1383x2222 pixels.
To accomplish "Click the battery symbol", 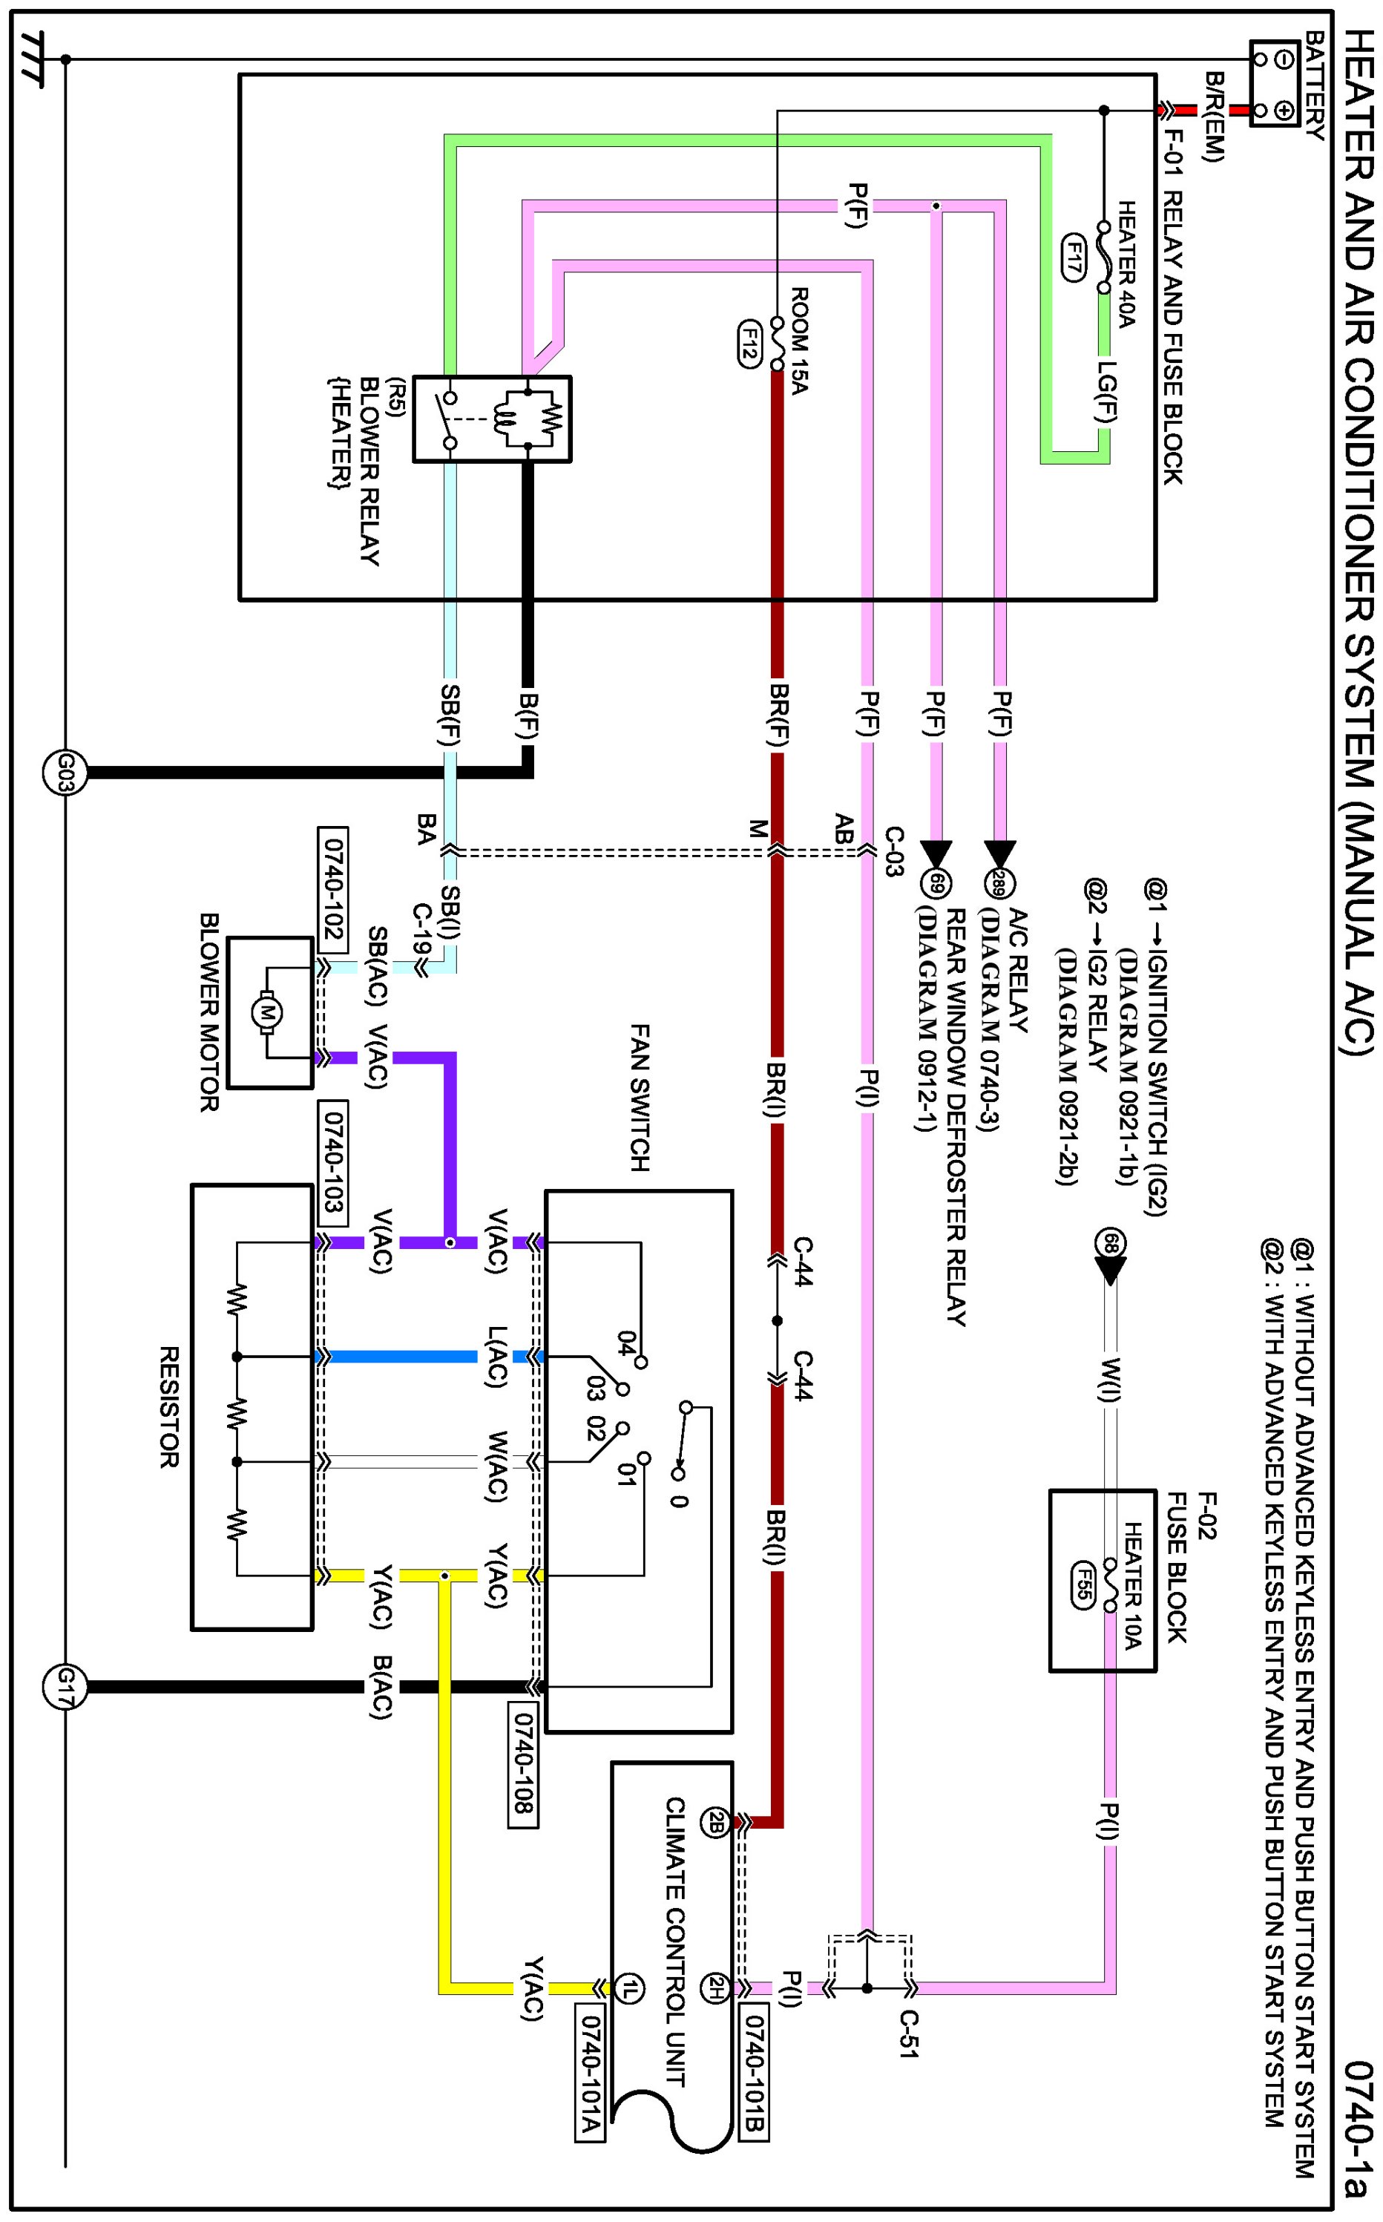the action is (x=1275, y=84).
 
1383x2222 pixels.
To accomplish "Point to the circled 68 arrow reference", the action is (x=1111, y=1243).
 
